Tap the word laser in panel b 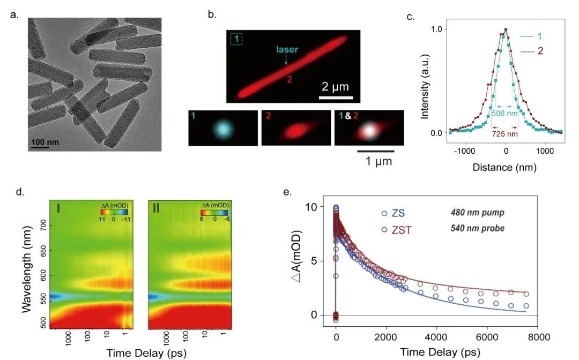tap(287, 50)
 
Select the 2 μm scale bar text tap(336, 87)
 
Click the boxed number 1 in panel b tap(236, 40)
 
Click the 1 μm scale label tap(375, 160)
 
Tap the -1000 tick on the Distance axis tap(466, 152)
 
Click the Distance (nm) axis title tap(504, 167)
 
